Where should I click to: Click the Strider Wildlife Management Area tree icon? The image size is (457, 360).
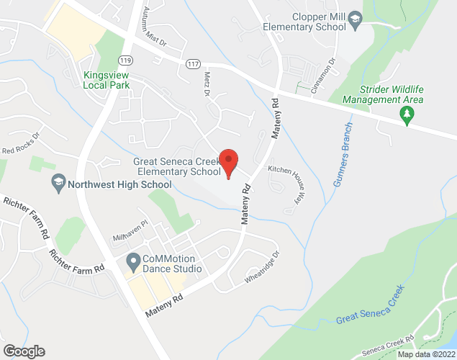407,115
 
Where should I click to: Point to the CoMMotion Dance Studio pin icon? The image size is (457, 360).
132,260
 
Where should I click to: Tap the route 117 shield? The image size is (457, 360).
192,64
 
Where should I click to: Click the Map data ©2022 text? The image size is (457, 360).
426,354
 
